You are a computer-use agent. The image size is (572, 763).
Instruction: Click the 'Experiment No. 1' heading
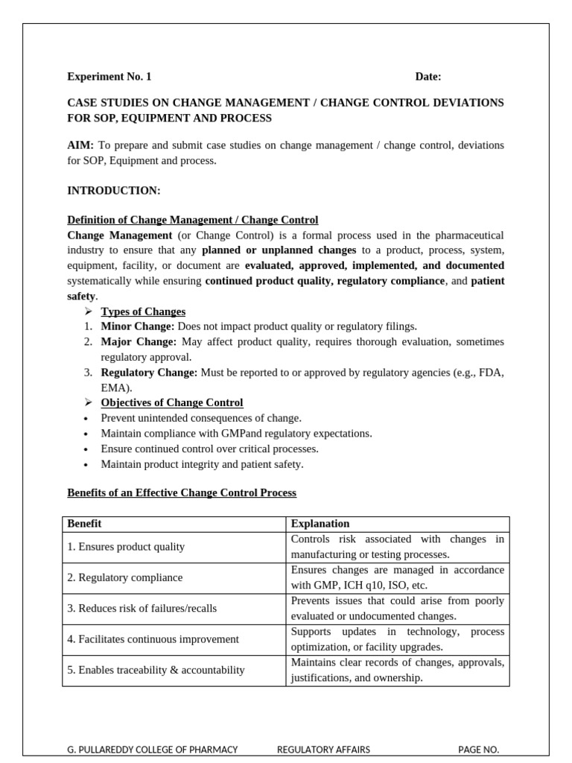coord(109,76)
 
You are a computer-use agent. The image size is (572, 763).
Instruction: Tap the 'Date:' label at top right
coord(428,76)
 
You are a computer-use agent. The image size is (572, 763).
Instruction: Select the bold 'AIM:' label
coord(80,145)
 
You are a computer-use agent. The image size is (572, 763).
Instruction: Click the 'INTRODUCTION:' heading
coord(114,191)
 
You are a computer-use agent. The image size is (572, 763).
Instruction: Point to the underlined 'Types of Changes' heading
coord(143,311)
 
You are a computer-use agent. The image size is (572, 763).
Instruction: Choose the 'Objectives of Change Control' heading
coord(172,402)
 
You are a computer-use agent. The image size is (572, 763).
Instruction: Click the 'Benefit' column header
coord(84,524)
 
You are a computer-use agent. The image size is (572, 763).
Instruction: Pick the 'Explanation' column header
coord(320,524)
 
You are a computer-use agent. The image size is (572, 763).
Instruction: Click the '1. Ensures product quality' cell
coord(126,547)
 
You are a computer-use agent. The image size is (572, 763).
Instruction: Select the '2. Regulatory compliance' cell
coord(125,577)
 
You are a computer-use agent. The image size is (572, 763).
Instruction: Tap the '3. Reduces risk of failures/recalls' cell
coord(142,608)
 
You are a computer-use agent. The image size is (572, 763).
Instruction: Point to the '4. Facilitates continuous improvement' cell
coord(153,639)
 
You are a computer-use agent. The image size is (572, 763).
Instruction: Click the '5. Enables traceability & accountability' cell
coord(156,670)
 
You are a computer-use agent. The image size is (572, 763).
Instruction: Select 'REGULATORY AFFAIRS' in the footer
coord(323,750)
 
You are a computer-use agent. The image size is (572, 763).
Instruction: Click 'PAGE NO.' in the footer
coord(478,750)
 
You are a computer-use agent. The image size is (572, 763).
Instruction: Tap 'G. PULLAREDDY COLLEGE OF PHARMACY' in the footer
coord(153,750)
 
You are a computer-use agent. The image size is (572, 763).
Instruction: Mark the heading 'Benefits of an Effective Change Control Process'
coord(182,493)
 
